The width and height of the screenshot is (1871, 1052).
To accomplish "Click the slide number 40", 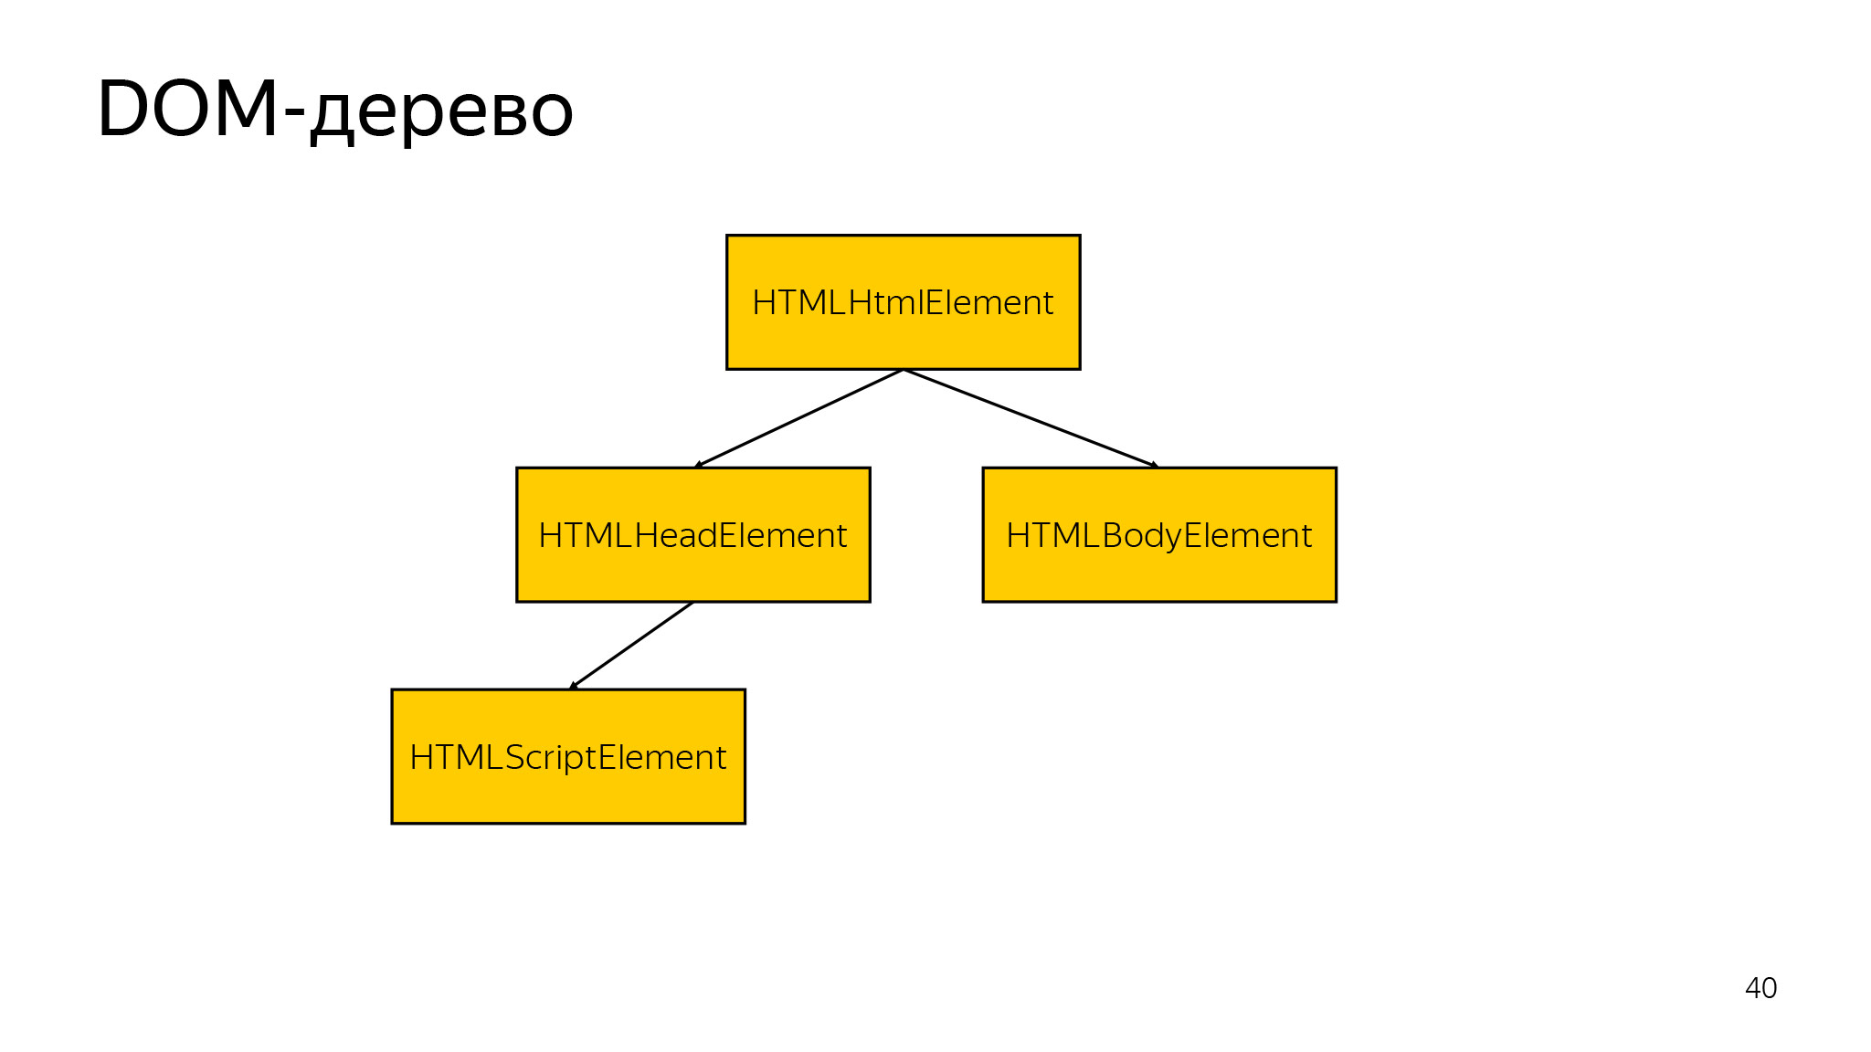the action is (x=1760, y=988).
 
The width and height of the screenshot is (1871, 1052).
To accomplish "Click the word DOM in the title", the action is (x=187, y=110).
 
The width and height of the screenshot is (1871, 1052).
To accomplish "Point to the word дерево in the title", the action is (x=441, y=113).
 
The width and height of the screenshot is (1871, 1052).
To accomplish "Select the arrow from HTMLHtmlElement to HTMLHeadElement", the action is (x=799, y=418).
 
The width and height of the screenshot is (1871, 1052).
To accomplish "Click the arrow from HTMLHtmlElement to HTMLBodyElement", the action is (x=1031, y=418).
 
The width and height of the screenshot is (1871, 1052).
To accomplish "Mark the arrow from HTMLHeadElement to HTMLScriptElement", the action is (x=631, y=646).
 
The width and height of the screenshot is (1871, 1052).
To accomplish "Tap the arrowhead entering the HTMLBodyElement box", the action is (x=1154, y=465).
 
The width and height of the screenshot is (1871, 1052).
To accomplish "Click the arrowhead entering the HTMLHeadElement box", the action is (x=699, y=465).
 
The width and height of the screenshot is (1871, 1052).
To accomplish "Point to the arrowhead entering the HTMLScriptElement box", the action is (x=574, y=685).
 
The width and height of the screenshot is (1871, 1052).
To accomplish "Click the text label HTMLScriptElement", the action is (x=567, y=757).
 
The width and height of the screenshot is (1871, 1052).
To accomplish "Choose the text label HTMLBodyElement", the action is (x=1158, y=535).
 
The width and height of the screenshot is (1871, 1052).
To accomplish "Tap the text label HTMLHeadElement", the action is (x=692, y=535).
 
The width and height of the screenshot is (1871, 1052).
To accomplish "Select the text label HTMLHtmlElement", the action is (x=903, y=302).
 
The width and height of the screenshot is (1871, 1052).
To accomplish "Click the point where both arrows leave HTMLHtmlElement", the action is (x=903, y=370).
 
